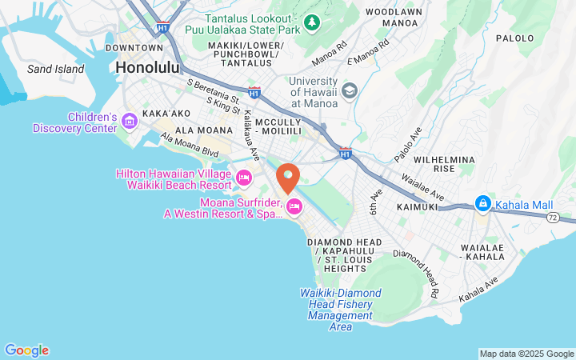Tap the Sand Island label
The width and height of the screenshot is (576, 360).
coord(55,69)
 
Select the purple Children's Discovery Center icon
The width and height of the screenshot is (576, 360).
coord(130,121)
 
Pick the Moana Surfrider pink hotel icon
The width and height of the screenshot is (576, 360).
coord(294,207)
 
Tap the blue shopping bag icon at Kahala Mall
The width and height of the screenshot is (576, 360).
coord(482,204)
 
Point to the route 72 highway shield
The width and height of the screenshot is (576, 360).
coord(552,217)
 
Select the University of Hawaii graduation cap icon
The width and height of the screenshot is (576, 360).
coord(350,92)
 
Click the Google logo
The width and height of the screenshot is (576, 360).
coord(26,350)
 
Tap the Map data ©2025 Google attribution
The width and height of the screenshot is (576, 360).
coord(526,354)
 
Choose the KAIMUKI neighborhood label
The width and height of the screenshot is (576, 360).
coord(415,206)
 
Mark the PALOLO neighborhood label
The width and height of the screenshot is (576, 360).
coord(514,38)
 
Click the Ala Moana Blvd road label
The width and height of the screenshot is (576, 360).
coord(190,145)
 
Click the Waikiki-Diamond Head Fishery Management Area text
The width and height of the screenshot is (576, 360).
coord(341,310)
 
